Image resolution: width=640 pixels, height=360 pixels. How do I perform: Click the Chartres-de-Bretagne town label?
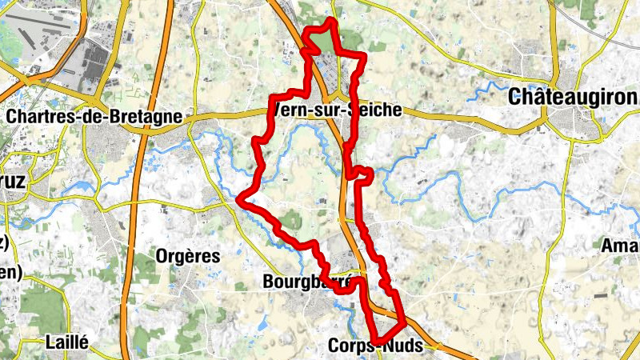pos(94,116)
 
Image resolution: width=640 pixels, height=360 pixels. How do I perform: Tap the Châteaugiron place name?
pos(574,97)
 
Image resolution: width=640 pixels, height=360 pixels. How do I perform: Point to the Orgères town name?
pos(188,256)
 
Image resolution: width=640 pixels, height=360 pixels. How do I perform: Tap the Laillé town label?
pos(67,340)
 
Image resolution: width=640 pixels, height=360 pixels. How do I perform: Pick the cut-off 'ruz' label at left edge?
pos(12,181)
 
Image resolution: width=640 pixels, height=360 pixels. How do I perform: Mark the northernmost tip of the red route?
pos(331,19)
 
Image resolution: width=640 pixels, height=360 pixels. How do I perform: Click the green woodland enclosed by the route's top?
pos(323,40)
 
